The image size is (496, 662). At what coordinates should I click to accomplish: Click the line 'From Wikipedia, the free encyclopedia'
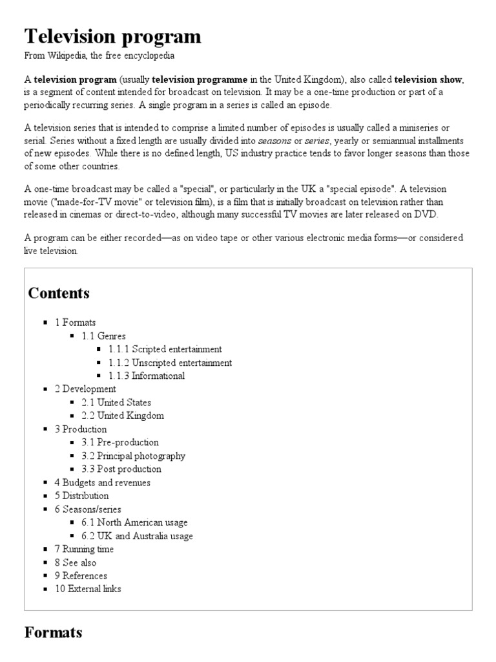99,56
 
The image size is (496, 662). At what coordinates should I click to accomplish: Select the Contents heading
59,293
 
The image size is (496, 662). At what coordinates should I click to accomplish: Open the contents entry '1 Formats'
75,322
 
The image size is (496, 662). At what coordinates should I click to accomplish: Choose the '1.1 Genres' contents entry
103,336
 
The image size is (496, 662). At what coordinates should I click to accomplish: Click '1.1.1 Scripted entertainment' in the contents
165,349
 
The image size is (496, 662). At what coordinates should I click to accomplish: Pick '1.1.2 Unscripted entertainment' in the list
170,363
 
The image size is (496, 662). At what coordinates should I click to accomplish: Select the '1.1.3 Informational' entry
147,376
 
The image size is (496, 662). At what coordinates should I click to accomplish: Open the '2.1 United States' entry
116,402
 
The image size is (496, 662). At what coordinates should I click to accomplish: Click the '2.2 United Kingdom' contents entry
123,416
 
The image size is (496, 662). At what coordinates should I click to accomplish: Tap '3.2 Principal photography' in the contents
133,456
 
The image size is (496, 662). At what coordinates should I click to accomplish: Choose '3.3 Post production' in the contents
121,469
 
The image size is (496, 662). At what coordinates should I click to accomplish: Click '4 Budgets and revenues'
102,482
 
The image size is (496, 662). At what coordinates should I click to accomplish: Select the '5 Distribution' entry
81,496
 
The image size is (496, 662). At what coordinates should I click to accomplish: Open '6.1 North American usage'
134,522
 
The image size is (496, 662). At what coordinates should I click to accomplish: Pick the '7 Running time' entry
84,549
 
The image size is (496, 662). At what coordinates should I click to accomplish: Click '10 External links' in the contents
88,589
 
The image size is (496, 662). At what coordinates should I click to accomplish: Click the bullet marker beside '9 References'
46,576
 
